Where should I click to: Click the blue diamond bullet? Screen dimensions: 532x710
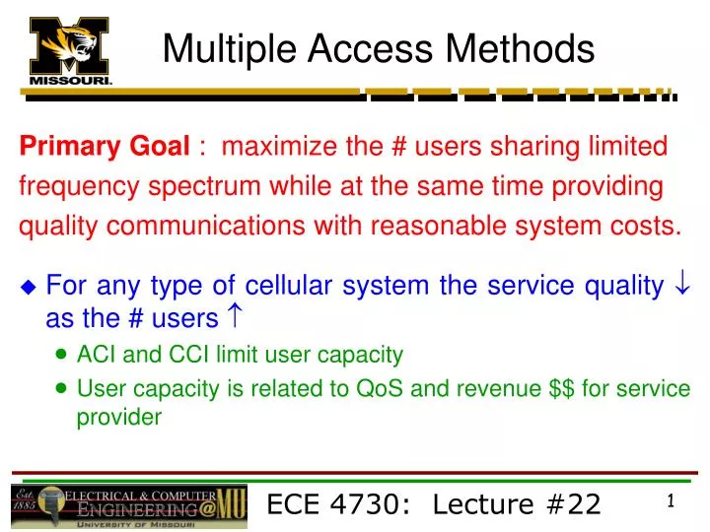28,288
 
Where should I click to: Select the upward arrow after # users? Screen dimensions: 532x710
238,318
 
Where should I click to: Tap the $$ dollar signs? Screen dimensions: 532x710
561,388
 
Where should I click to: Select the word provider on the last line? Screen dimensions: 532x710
118,417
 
